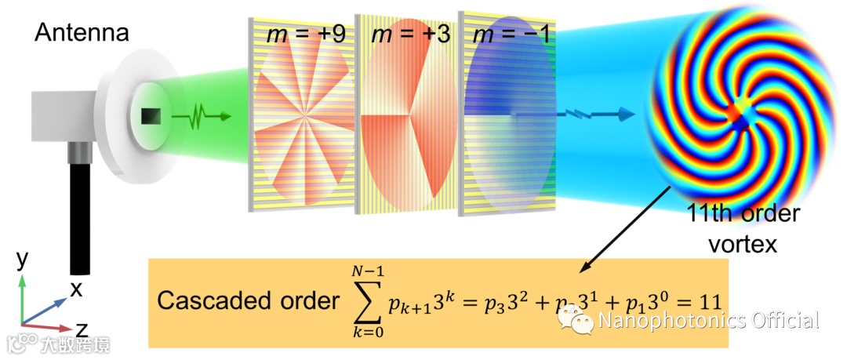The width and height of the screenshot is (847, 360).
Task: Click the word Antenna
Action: pos(82,33)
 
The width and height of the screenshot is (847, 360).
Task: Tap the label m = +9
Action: pos(302,35)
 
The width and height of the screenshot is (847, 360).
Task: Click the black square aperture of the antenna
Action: pos(150,117)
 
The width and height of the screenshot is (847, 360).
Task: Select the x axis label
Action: pos(76,289)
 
